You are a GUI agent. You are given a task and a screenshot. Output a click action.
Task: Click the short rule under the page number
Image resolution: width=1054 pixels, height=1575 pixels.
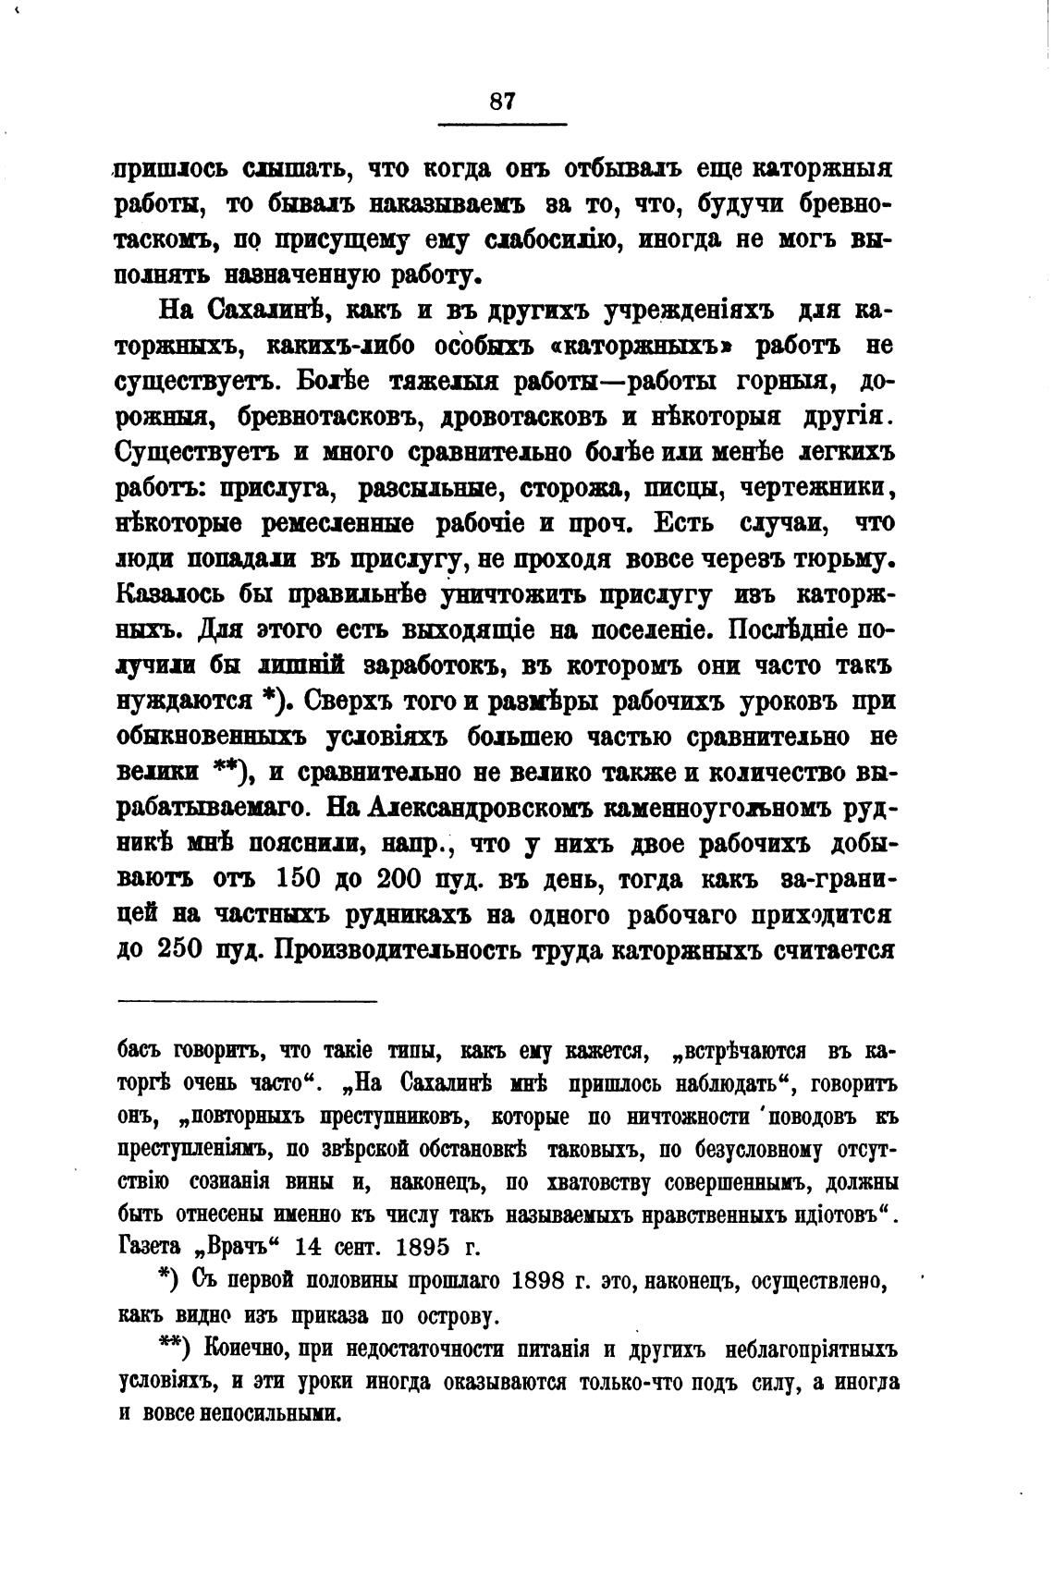click(501, 125)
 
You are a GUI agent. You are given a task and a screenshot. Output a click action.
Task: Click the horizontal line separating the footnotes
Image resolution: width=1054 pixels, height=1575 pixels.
click(248, 1001)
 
